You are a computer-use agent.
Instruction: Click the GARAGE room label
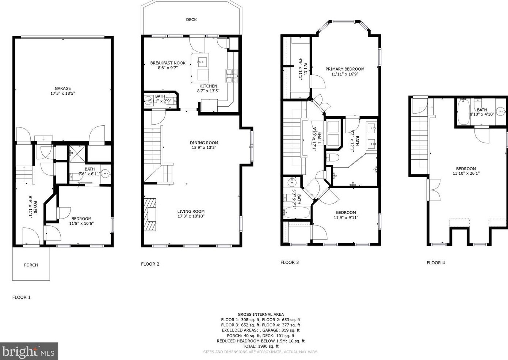tap(63, 88)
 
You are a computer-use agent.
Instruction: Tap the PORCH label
tap(31, 265)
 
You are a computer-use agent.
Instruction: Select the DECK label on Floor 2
tap(191, 20)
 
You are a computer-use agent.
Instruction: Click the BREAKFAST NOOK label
tap(168, 63)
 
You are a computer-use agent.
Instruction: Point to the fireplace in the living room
tap(150, 215)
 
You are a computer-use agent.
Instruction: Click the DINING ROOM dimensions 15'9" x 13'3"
tap(204, 148)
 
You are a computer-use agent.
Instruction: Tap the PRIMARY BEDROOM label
tap(345, 69)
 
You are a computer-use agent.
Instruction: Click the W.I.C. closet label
tap(305, 68)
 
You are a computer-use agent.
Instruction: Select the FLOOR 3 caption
tap(290, 262)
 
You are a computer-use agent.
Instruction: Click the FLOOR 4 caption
tap(436, 263)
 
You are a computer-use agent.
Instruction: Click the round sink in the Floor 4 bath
tap(501, 111)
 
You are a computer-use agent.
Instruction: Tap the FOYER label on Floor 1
tap(35, 207)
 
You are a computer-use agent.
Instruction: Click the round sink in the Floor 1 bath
tap(105, 174)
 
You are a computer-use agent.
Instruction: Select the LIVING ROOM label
tap(191, 211)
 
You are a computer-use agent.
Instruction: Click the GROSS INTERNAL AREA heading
tap(261, 314)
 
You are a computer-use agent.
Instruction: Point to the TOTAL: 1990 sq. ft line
tap(261, 346)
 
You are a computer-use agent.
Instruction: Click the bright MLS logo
tap(29, 351)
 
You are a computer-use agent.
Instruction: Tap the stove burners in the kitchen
tap(231, 76)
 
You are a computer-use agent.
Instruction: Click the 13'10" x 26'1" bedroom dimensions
tap(466, 173)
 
